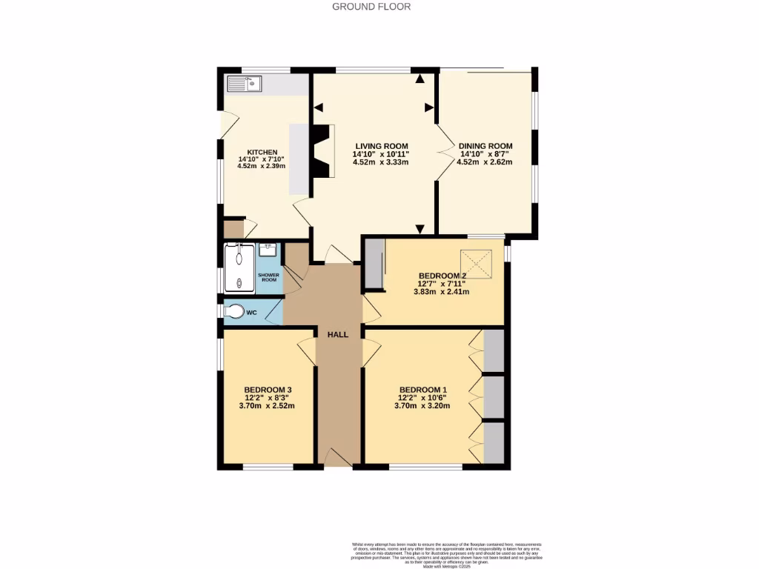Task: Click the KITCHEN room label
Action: (262, 152)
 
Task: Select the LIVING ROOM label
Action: (381, 146)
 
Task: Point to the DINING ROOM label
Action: (485, 146)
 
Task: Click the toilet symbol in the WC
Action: (234, 312)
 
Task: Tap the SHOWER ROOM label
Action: (268, 278)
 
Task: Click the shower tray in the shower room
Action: (240, 267)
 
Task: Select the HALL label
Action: (338, 335)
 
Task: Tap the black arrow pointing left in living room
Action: (319, 108)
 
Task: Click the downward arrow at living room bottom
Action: (420, 229)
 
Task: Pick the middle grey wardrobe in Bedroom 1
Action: (494, 397)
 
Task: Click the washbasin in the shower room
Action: (268, 250)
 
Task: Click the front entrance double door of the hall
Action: (338, 457)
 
